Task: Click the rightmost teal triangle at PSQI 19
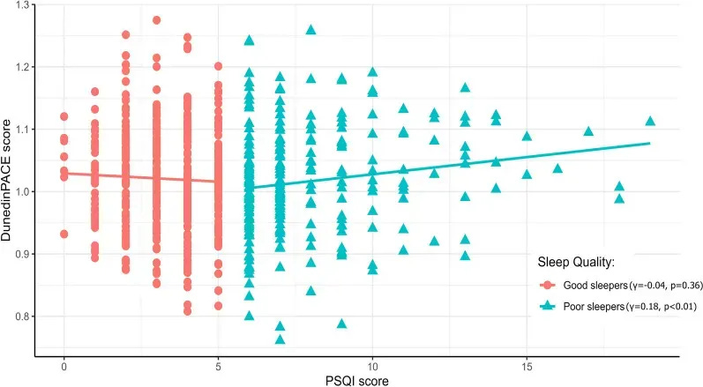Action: (650, 121)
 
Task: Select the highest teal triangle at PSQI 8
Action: (310, 29)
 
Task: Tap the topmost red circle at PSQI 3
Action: (156, 19)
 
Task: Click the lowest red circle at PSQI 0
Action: (64, 234)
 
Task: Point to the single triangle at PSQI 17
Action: (588, 130)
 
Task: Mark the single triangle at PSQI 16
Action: (557, 167)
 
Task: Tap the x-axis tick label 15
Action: (526, 366)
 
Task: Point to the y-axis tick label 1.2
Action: (19, 67)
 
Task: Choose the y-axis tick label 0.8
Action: (19, 316)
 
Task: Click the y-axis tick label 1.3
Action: (19, 5)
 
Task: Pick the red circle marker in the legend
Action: (550, 287)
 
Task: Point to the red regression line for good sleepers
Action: (141, 177)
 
